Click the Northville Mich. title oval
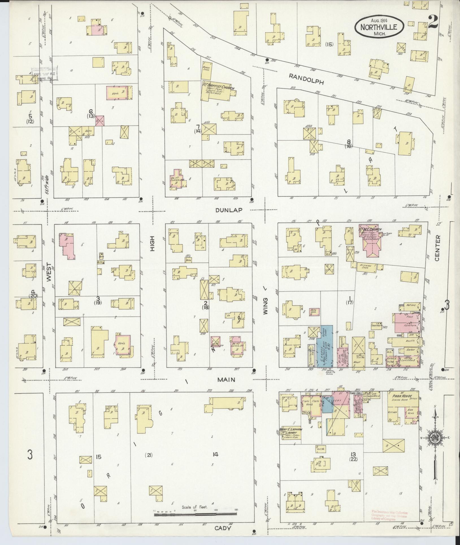[x=379, y=26]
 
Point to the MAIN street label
[x=226, y=380]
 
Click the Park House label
[x=402, y=396]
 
